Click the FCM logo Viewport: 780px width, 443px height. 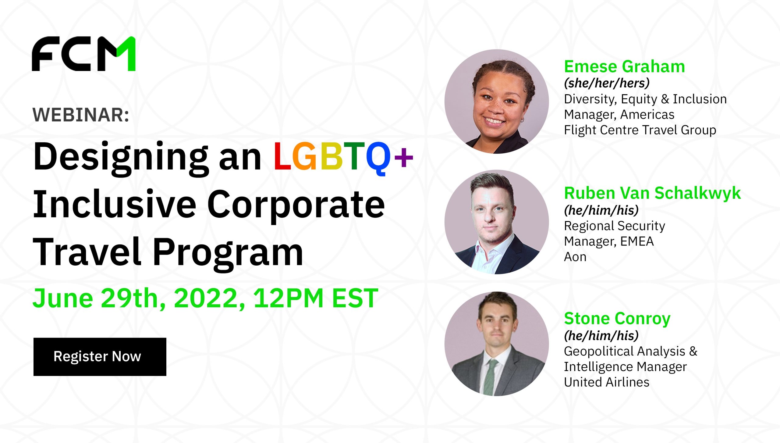84,54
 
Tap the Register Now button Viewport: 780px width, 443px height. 100,357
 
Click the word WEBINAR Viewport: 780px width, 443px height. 81,115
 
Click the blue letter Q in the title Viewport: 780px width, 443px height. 378,159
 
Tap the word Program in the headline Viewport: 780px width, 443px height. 228,254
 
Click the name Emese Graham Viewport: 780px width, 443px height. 625,66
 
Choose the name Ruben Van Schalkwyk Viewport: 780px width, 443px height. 652,193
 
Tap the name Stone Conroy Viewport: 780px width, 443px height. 617,319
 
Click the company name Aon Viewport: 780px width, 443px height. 575,257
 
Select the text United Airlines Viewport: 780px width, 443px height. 607,382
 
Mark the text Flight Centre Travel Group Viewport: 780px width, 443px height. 640,130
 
